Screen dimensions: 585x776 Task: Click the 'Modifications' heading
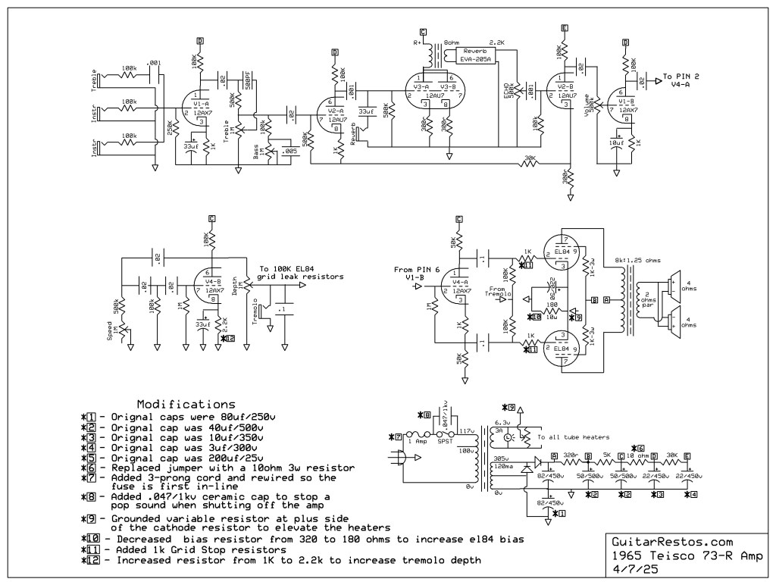[x=186, y=404]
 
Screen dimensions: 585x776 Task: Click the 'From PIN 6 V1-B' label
[x=416, y=274]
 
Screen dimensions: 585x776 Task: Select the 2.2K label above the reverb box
[x=497, y=42]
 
